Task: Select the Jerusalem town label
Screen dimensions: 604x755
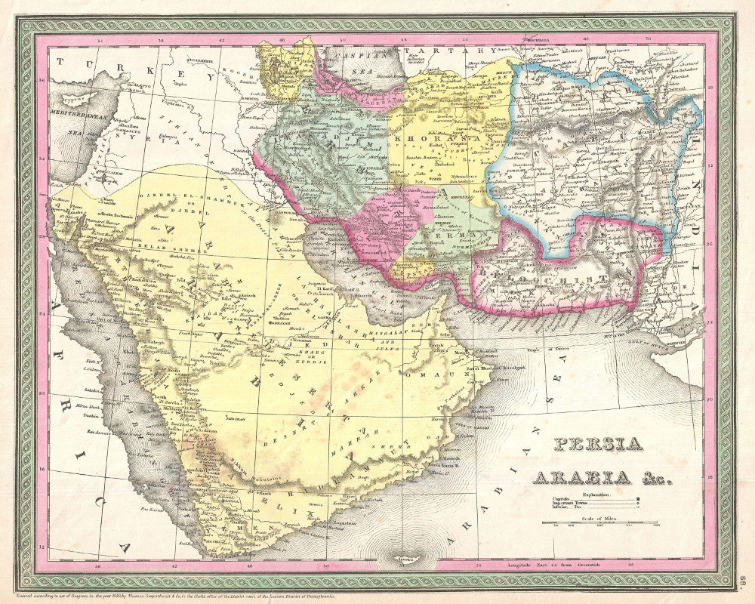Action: (x=102, y=173)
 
